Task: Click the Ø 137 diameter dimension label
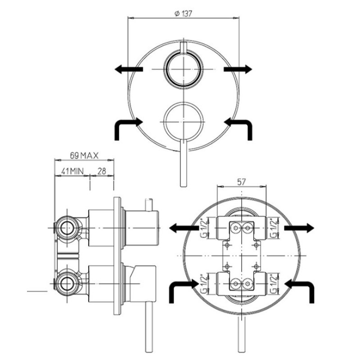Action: (183, 14)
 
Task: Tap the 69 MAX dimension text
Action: (84, 156)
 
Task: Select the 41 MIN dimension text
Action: (72, 171)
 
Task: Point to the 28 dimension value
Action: (102, 171)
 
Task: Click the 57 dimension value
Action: (241, 182)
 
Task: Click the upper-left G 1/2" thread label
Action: (204, 228)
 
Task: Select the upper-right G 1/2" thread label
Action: (274, 228)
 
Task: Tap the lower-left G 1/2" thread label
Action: (204, 284)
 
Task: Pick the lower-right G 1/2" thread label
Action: (274, 284)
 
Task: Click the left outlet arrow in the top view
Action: (129, 69)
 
